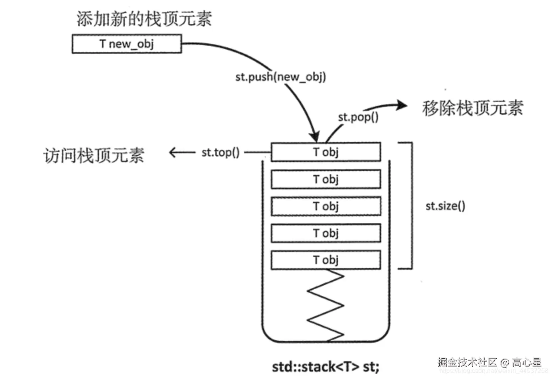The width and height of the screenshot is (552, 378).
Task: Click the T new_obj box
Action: point(127,44)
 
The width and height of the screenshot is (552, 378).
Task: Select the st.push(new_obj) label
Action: point(280,76)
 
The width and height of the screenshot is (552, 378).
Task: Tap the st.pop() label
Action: point(358,117)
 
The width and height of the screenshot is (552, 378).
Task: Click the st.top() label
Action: point(220,152)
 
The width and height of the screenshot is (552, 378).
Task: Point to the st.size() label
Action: point(445,206)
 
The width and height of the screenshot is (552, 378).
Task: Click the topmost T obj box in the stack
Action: point(326,152)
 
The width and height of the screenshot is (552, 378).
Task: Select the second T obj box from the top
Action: point(326,179)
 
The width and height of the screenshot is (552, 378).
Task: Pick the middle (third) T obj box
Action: point(326,206)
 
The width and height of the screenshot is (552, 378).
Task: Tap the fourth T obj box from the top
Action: point(326,233)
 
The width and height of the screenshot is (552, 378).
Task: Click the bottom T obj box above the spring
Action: point(326,260)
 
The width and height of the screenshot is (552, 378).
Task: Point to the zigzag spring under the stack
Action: point(326,305)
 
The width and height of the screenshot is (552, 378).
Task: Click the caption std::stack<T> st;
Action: point(325,366)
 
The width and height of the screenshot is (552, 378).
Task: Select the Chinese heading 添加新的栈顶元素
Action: point(144,19)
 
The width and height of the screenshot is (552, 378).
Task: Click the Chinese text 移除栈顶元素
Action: point(472,108)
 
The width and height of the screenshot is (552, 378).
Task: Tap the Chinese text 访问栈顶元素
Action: point(93,155)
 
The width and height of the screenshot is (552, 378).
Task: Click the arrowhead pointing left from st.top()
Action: point(173,152)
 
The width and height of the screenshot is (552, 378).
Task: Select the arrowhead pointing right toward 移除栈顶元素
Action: point(401,106)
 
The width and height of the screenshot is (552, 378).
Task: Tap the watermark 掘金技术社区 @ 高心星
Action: point(489,362)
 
